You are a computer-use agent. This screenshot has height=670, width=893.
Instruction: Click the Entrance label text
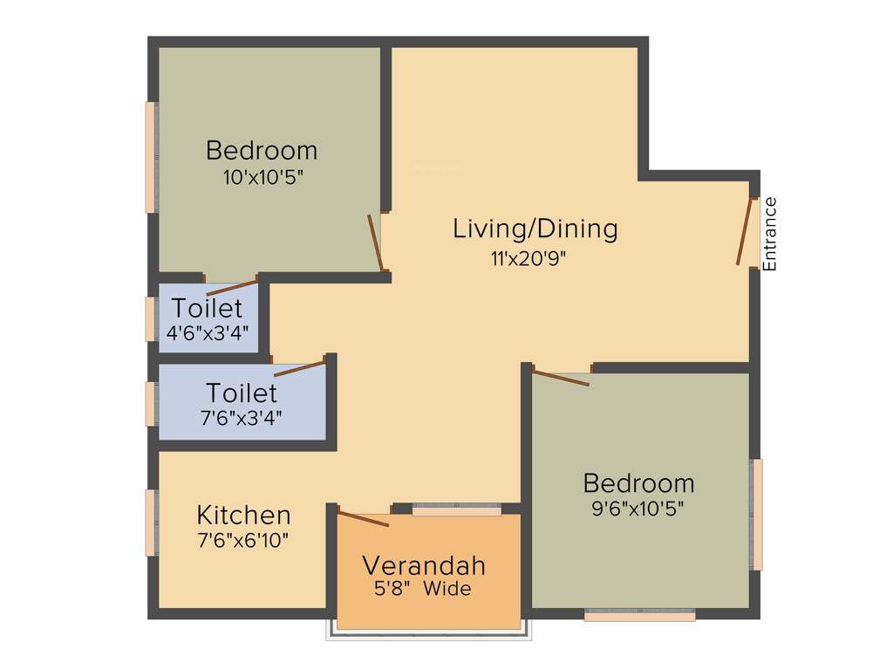(769, 234)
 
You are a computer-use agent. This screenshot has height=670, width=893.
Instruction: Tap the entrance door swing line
(744, 231)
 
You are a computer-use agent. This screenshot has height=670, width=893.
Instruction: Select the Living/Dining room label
(535, 229)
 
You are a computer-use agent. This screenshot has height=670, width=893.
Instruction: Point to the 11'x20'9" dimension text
(535, 257)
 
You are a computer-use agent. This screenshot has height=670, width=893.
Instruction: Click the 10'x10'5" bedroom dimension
(262, 177)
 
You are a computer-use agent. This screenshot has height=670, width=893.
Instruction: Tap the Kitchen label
(243, 515)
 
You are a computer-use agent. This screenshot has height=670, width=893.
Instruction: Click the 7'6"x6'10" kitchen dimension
(243, 540)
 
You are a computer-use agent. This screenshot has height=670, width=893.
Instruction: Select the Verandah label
(424, 565)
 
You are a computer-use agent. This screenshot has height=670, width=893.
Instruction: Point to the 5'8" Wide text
(423, 589)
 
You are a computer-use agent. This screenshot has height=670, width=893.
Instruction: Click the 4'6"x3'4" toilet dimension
(208, 332)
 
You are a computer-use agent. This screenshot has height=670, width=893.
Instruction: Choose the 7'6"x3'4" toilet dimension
(242, 418)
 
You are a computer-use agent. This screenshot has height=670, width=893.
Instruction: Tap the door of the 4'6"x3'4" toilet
(231, 288)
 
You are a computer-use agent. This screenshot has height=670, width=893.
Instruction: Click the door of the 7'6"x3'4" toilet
(299, 367)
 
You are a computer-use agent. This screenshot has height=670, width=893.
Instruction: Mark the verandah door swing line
(364, 519)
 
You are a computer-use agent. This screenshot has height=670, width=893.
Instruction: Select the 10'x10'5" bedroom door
(376, 243)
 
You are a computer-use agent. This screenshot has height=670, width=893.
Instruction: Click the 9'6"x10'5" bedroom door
(561, 378)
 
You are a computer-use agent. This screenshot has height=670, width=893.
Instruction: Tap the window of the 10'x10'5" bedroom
(151, 157)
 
